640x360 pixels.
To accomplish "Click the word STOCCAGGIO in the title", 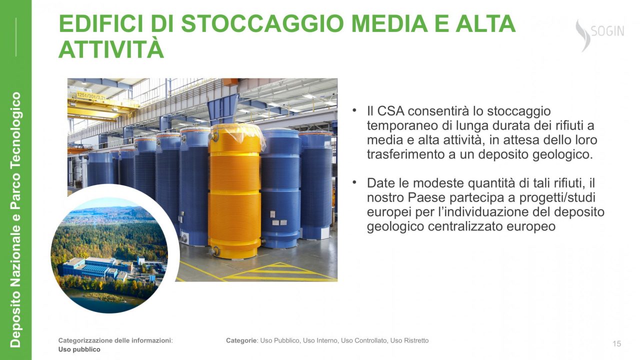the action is (x=262, y=23).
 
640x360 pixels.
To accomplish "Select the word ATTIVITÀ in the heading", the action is (x=111, y=48).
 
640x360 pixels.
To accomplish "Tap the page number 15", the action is (x=617, y=343).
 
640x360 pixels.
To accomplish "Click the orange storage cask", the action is (x=235, y=191).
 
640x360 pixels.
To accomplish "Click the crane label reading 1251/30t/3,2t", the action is (x=91, y=95).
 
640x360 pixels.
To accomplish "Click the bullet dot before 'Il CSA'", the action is (x=354, y=110).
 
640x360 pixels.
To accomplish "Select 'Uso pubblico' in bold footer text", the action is (x=79, y=349).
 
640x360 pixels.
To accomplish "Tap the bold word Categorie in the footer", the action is (x=241, y=340).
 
